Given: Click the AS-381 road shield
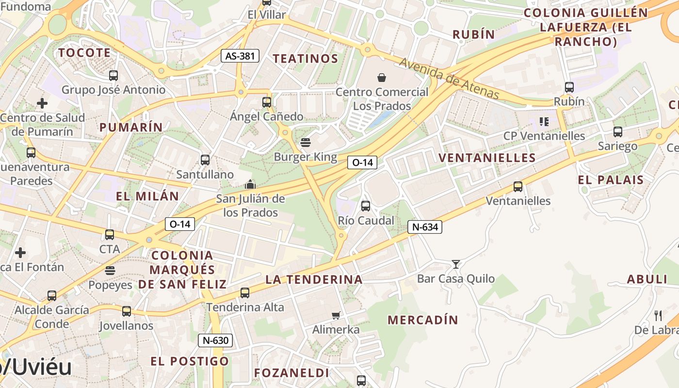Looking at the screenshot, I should [x=240, y=56].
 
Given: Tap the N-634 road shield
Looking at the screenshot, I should [x=424, y=226].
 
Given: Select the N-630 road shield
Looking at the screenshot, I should [x=215, y=340].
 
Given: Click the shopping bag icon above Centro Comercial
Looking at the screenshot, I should [x=382, y=78].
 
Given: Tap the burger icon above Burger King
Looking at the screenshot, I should [x=305, y=143].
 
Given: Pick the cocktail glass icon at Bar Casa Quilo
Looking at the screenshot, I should [x=455, y=264].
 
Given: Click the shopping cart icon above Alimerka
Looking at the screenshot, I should [x=336, y=316].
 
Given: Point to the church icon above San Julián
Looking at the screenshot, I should [x=250, y=184].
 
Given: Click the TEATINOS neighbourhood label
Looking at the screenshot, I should [x=305, y=59].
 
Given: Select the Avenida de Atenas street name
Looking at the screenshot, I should [x=449, y=78].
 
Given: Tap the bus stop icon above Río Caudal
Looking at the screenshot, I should [x=366, y=206].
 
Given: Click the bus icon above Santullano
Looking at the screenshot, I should [x=205, y=160].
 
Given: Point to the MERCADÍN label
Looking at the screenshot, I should [x=422, y=320].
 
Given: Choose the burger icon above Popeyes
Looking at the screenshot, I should [x=110, y=271].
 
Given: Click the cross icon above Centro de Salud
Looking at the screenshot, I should [x=42, y=103].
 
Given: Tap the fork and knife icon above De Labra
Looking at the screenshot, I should [x=658, y=316].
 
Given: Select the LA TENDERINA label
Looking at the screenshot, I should [x=314, y=279].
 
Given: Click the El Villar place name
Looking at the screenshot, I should [x=267, y=15].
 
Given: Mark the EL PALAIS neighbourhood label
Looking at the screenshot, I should [x=611, y=180].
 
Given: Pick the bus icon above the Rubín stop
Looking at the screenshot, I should [x=569, y=88].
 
